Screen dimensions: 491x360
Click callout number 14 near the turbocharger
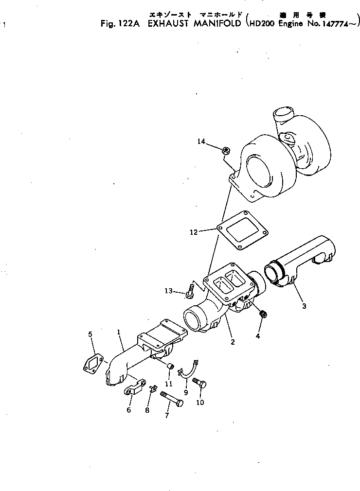(x=201, y=141)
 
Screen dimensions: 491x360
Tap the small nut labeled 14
(x=226, y=151)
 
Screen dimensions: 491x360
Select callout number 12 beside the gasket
(x=194, y=232)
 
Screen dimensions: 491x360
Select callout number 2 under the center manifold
(x=233, y=342)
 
